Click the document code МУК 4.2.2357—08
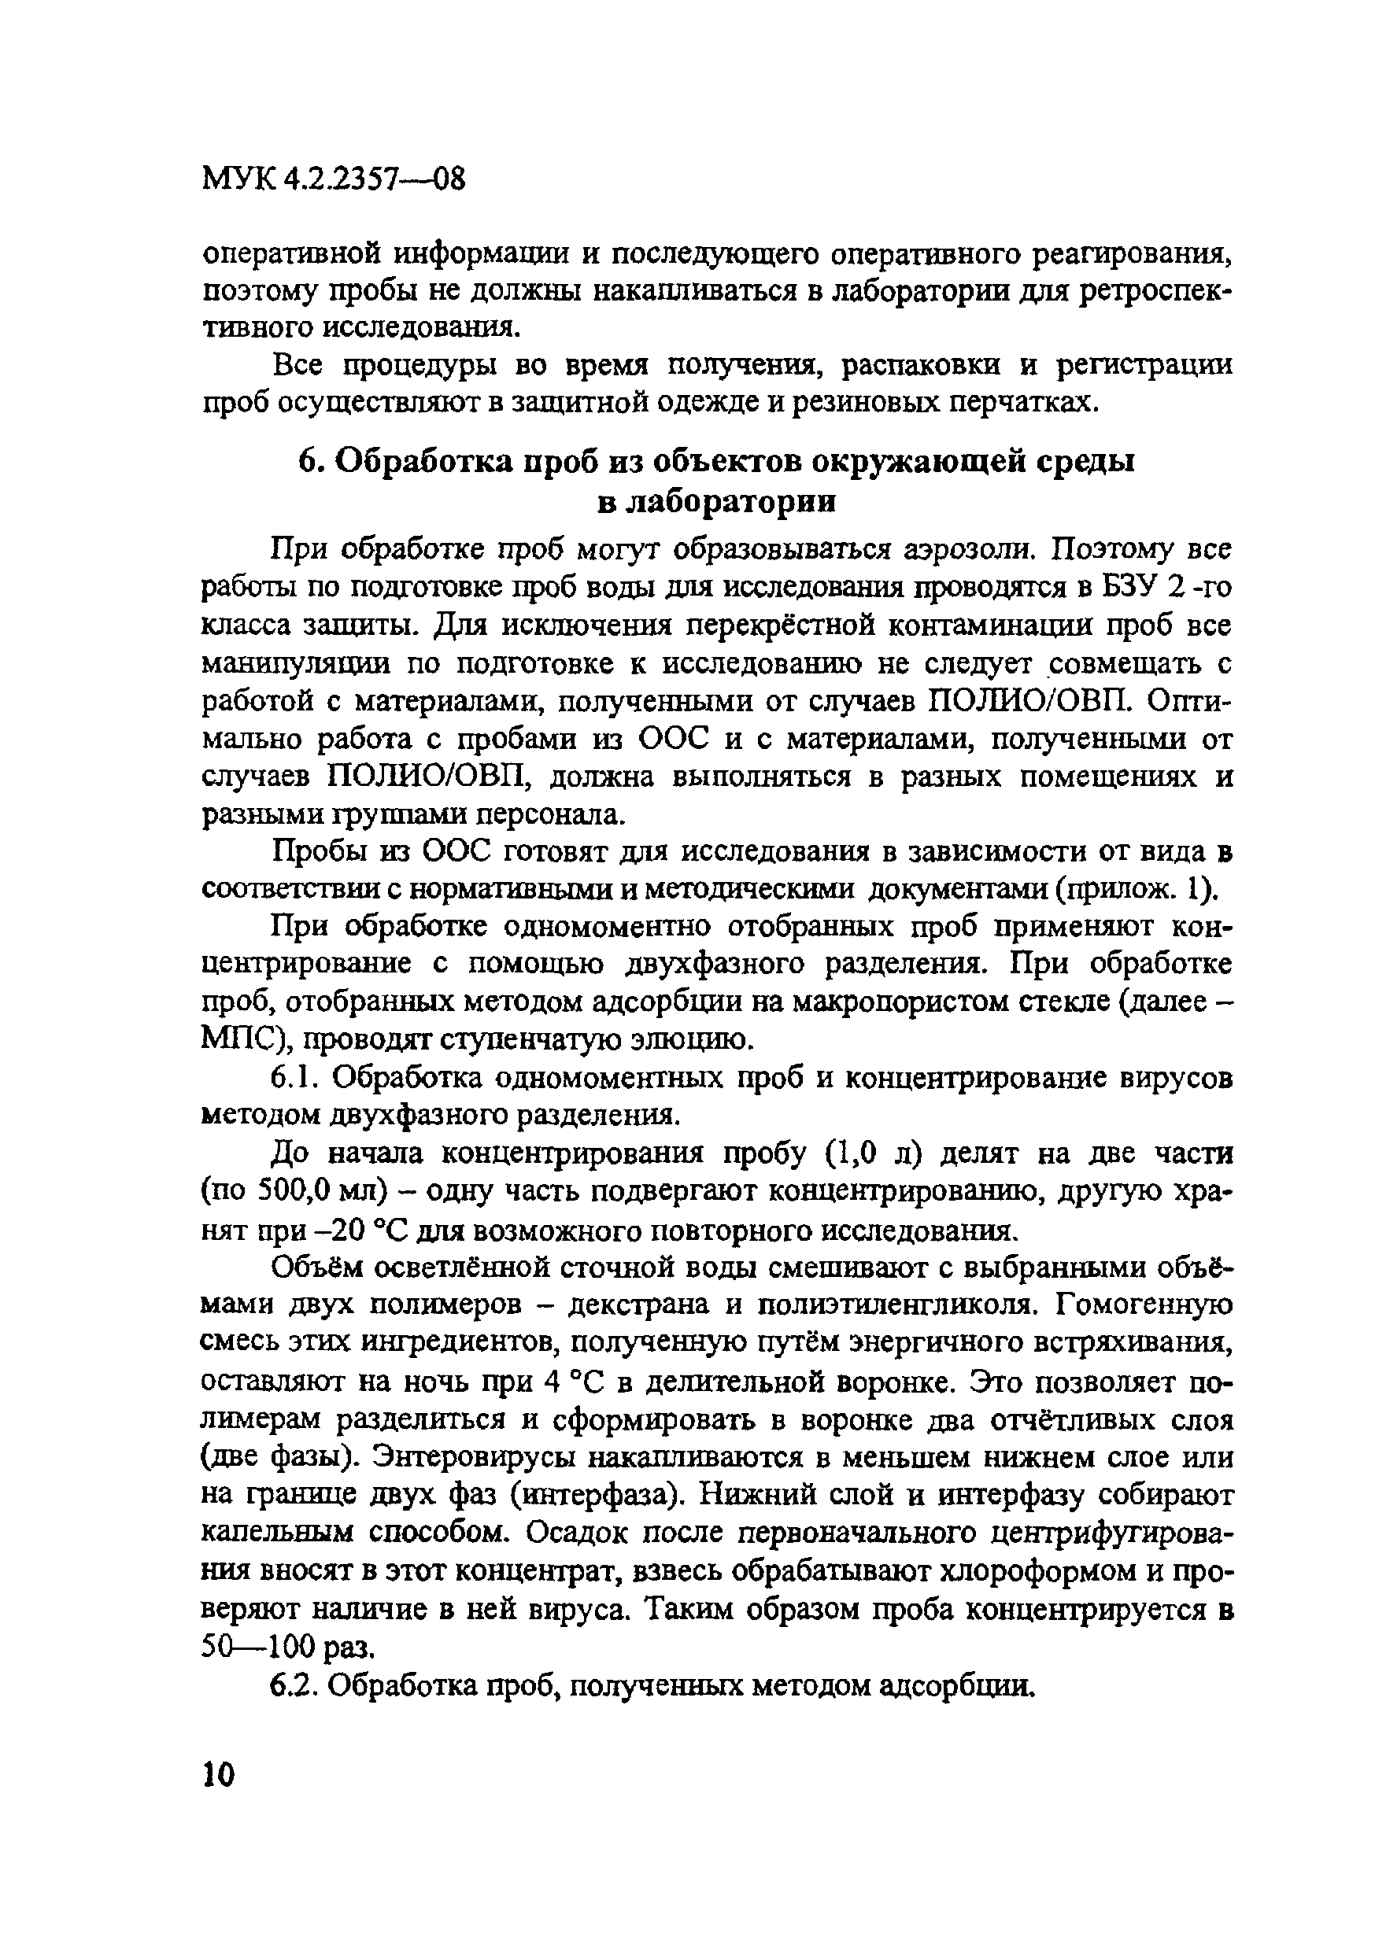[335, 179]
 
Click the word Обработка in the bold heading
[420, 462]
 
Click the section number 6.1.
[294, 1078]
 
